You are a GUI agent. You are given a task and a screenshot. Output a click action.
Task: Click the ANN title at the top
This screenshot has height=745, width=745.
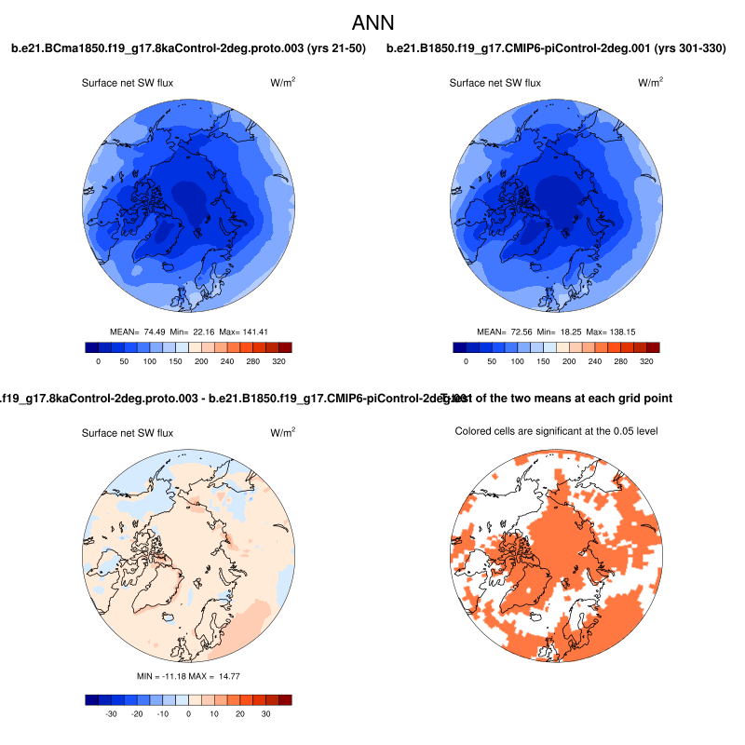(x=372, y=21)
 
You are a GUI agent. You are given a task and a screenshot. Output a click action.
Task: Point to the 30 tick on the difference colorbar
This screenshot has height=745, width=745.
(x=265, y=713)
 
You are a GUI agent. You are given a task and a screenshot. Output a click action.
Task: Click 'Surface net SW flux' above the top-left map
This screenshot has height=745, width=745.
(x=128, y=83)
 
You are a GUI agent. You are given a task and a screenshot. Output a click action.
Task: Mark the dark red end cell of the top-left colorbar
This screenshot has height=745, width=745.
(x=285, y=347)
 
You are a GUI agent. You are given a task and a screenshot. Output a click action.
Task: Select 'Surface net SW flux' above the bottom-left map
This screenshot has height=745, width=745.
(x=128, y=433)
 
